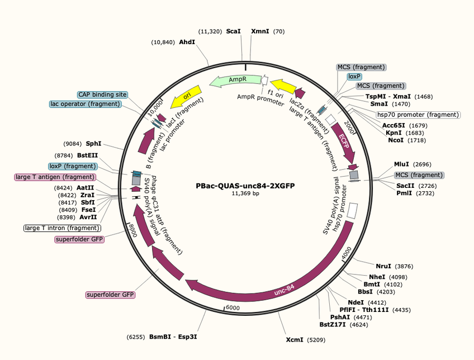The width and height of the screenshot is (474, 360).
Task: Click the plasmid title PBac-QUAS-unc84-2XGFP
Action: point(245,186)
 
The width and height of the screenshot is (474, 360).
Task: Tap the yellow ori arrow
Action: point(186,96)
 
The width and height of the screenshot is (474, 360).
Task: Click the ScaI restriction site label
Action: point(234,31)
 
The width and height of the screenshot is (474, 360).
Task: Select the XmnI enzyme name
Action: point(260,31)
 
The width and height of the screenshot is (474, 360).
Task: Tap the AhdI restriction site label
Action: point(187,42)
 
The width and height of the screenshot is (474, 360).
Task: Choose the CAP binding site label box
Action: point(102,94)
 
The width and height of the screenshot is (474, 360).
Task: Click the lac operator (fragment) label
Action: point(86,104)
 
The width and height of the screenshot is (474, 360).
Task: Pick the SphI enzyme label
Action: point(93,144)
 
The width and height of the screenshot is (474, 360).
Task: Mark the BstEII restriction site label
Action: point(87,155)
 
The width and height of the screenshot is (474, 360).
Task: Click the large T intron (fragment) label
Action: point(62,228)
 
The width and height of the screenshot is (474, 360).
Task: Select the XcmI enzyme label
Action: point(295,340)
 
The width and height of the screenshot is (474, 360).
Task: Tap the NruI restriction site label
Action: point(383,266)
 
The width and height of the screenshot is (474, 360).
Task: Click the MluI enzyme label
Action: point(401,164)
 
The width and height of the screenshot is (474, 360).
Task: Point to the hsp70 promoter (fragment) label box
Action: point(418,115)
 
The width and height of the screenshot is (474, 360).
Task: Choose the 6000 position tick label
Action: point(233,308)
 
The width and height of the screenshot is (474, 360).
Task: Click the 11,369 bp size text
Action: point(245,193)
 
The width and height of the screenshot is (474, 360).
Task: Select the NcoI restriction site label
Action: point(396,140)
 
